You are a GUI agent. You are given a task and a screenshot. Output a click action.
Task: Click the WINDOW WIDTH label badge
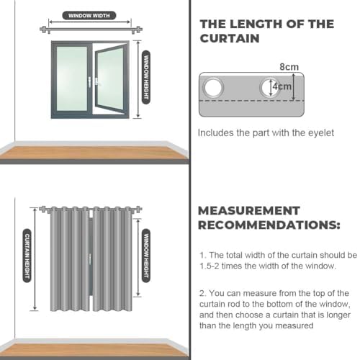(x=89, y=16)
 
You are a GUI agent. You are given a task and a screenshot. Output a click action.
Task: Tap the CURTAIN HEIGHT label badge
(x=27, y=256)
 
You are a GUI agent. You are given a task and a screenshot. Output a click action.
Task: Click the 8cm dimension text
(x=289, y=67)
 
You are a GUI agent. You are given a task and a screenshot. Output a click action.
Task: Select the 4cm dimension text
(x=282, y=86)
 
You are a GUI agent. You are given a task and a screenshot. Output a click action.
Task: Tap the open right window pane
(x=110, y=79)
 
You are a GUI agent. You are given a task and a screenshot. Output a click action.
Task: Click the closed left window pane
(x=72, y=78)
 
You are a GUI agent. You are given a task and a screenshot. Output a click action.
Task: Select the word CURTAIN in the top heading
(x=230, y=38)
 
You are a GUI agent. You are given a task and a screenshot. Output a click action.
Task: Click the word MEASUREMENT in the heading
(x=249, y=211)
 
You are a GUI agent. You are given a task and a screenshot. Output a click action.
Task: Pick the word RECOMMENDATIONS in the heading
(x=269, y=225)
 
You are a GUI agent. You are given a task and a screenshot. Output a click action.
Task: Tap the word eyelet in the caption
(x=321, y=133)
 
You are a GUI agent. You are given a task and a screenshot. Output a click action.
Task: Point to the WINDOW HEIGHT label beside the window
(x=146, y=77)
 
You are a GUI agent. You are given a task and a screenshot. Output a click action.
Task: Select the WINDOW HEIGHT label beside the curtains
(x=146, y=256)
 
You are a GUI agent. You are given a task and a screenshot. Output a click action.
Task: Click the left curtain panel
(x=70, y=259)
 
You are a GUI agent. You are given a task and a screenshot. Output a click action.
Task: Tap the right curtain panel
(x=112, y=259)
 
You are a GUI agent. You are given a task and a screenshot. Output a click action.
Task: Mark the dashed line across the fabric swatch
(x=251, y=101)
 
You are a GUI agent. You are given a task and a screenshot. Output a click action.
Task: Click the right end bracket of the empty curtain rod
(x=136, y=30)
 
